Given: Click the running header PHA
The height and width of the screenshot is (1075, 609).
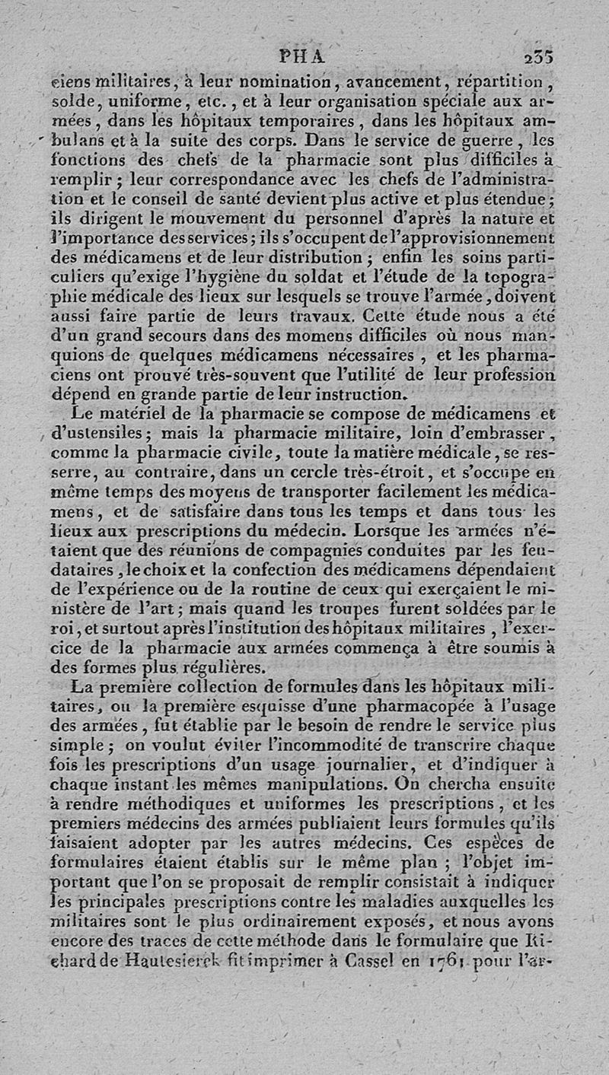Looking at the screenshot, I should click(303, 55).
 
